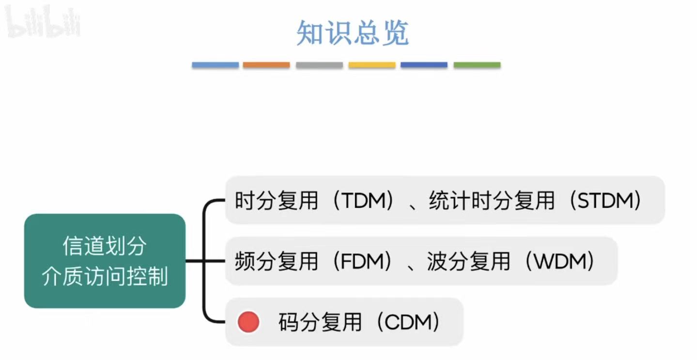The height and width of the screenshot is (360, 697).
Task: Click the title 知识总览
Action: pyautogui.click(x=353, y=33)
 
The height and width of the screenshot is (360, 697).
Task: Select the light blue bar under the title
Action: pyautogui.click(x=215, y=65)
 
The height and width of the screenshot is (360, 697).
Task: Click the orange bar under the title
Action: pyautogui.click(x=266, y=65)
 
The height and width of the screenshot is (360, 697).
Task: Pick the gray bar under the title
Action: pyautogui.click(x=319, y=65)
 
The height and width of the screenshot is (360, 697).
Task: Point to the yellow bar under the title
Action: pyautogui.click(x=372, y=65)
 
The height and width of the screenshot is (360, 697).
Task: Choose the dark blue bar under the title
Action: pyautogui.click(x=424, y=65)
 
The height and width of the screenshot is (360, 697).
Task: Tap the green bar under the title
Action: pyautogui.click(x=477, y=65)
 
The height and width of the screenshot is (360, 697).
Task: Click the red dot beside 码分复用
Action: pyautogui.click(x=248, y=322)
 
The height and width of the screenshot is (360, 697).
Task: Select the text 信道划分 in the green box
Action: pyautogui.click(x=105, y=247)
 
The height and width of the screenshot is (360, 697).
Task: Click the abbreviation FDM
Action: pyautogui.click(x=361, y=262)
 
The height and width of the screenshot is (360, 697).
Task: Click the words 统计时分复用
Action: pyautogui.click(x=491, y=201)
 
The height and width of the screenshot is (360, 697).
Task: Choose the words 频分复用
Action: pyautogui.click(x=276, y=262)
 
